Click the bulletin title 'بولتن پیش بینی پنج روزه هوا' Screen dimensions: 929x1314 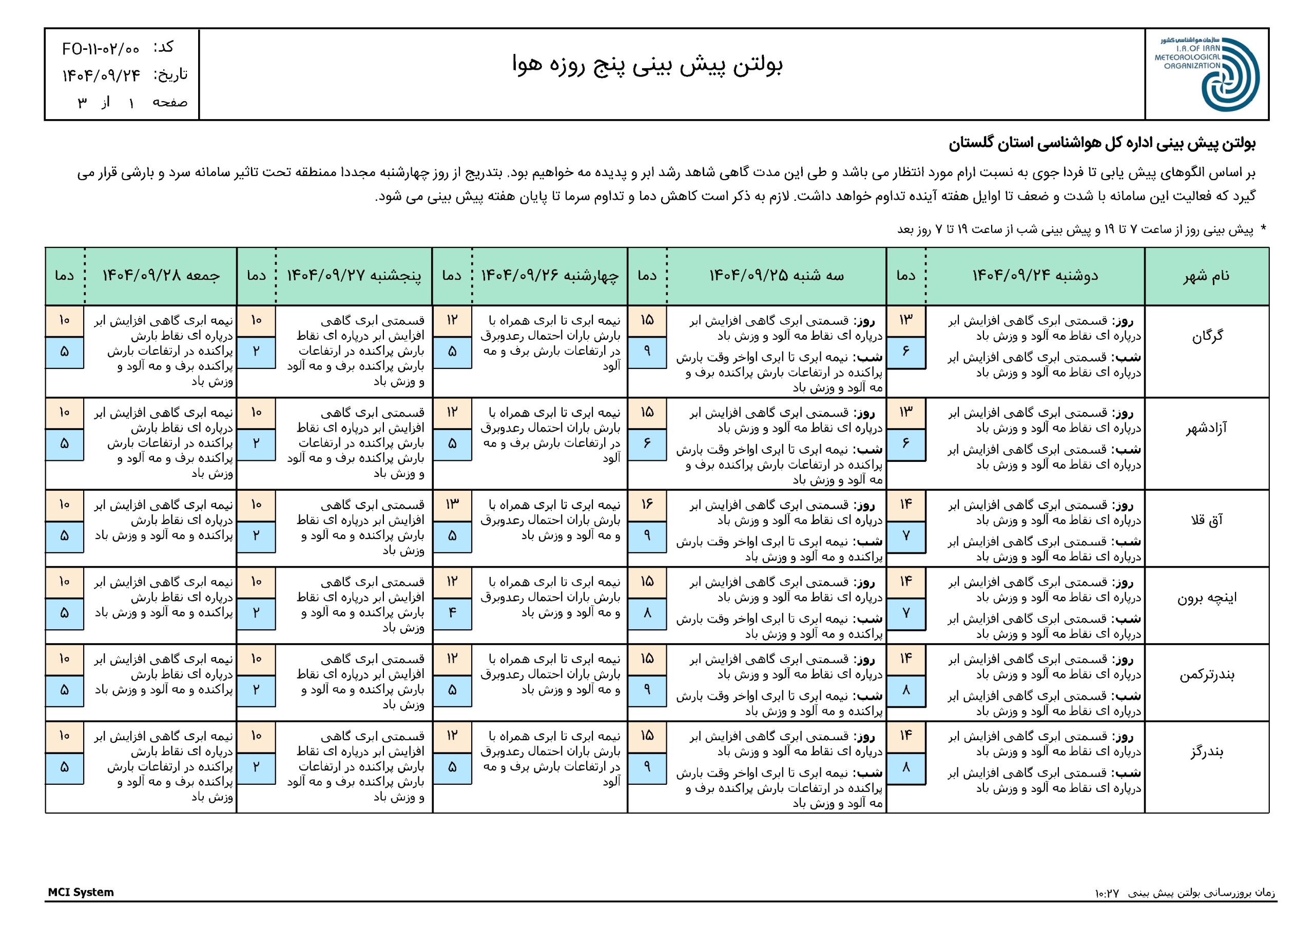(x=647, y=65)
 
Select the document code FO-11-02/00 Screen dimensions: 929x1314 (x=101, y=49)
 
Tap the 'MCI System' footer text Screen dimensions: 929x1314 (x=81, y=892)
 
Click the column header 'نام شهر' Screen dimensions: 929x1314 (x=1206, y=276)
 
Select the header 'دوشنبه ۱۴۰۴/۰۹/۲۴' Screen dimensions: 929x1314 (x=1035, y=276)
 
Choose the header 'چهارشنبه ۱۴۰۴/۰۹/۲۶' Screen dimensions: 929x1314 (x=549, y=276)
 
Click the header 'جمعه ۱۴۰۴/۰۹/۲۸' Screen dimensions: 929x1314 (x=161, y=276)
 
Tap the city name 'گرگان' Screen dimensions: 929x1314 (x=1207, y=336)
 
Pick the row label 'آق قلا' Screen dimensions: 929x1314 (x=1206, y=520)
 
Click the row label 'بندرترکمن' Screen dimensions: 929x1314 (x=1206, y=675)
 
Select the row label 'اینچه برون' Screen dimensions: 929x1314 (x=1206, y=597)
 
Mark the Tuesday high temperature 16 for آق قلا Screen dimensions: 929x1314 (x=647, y=505)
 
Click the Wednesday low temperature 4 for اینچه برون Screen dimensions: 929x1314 (x=452, y=612)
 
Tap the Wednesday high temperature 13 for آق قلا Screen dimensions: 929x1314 (x=452, y=505)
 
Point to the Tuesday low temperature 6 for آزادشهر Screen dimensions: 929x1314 (x=647, y=443)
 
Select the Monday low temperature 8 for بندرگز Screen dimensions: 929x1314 (x=905, y=767)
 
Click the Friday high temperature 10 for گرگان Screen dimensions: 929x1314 (x=64, y=320)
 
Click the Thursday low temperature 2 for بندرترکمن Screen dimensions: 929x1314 (x=256, y=690)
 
